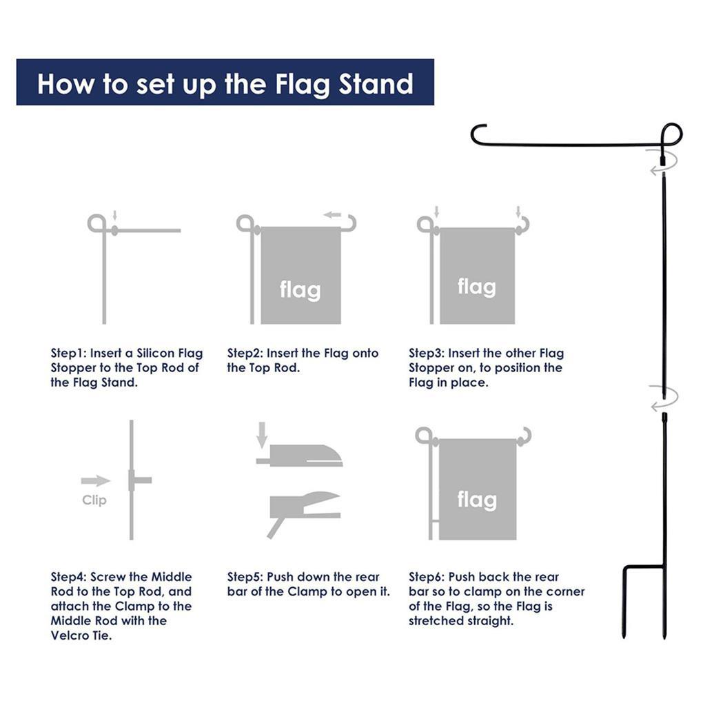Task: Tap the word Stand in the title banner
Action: click(x=376, y=83)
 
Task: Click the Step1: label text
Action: click(x=68, y=354)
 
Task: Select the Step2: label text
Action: click(x=245, y=354)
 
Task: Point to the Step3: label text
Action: click(x=427, y=354)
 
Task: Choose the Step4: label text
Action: click(x=69, y=577)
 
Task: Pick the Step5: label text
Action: click(x=245, y=577)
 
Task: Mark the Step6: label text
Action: click(x=427, y=577)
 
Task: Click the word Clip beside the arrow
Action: click(x=94, y=500)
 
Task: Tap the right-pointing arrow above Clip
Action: click(x=96, y=480)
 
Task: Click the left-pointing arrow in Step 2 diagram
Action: click(x=333, y=215)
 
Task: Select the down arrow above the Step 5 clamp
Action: click(x=263, y=434)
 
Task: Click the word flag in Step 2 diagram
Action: click(x=300, y=290)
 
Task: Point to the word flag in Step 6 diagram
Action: click(x=477, y=500)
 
